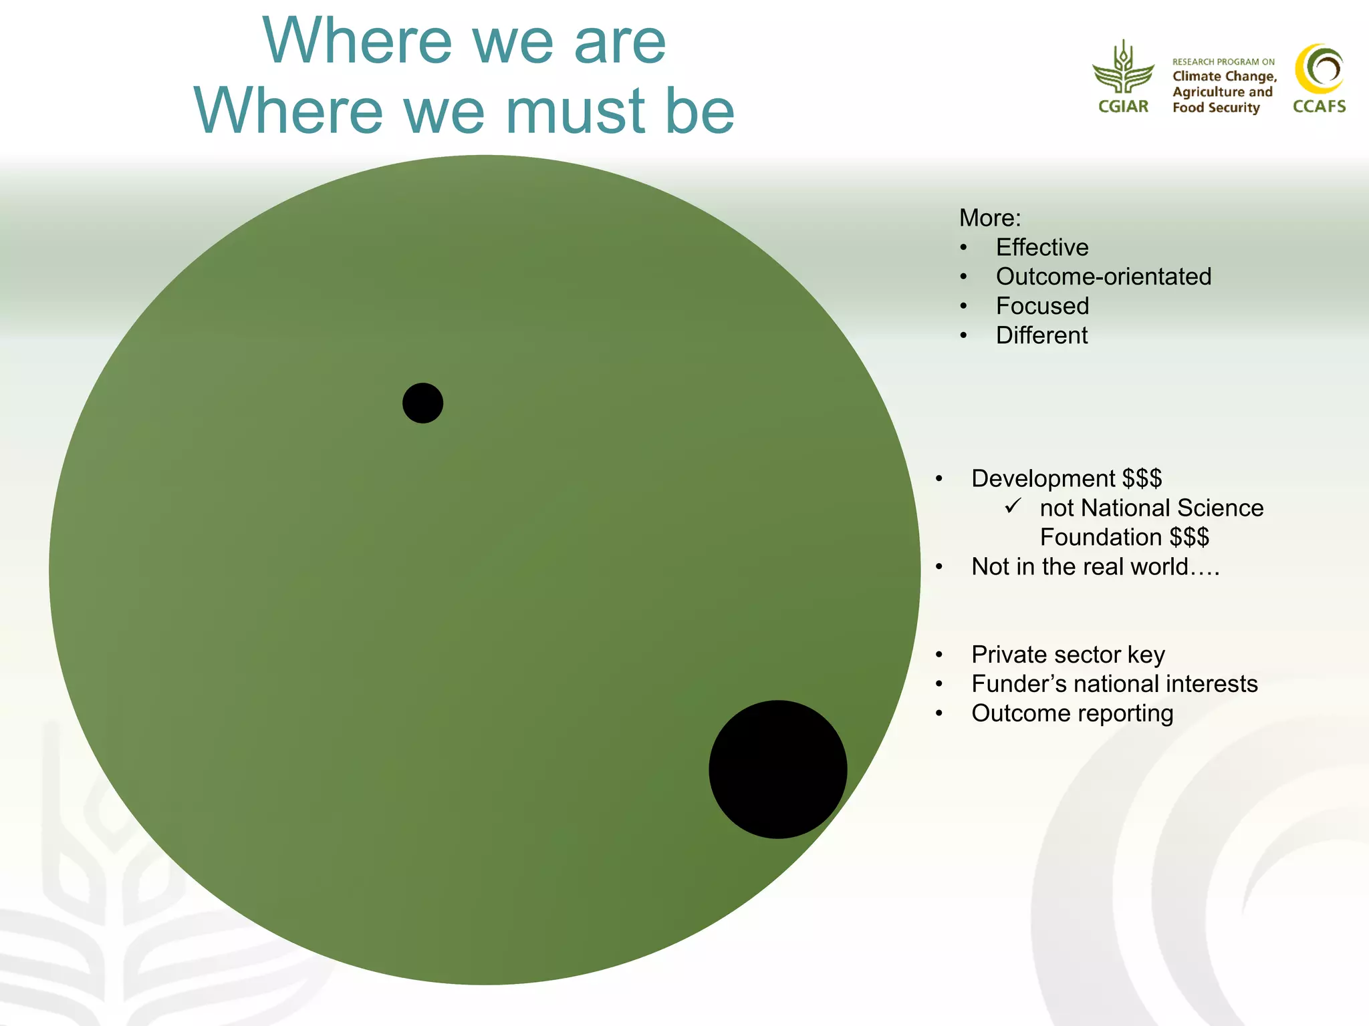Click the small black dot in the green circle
(422, 403)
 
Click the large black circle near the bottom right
(777, 769)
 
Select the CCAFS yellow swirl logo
(1319, 69)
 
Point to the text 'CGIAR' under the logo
(1123, 107)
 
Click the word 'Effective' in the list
(1041, 248)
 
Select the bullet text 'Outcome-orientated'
(1103, 277)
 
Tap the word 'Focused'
(1042, 306)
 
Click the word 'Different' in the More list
(1041, 335)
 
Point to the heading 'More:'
(989, 218)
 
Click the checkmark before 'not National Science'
(1013, 506)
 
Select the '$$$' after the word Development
(1142, 479)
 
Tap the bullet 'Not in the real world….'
(1095, 567)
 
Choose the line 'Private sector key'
(1068, 655)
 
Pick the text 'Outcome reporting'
(1072, 713)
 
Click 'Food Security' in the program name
(1215, 108)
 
